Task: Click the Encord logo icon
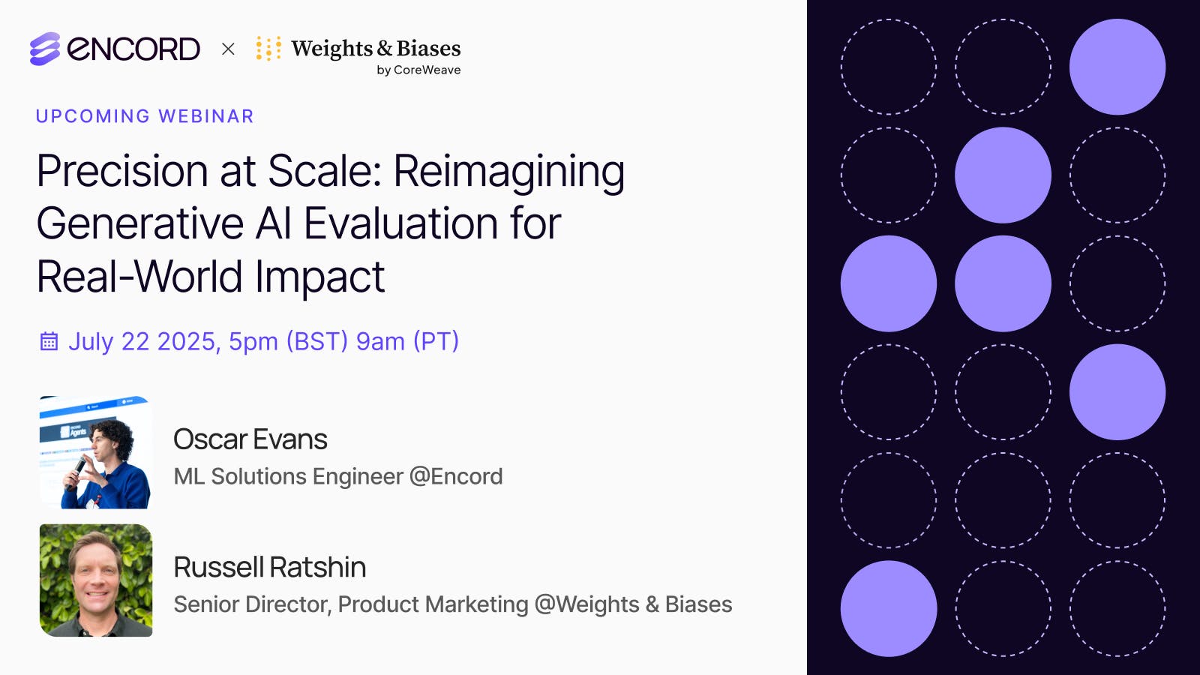(x=45, y=49)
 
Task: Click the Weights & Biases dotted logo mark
(x=268, y=48)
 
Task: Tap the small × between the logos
(x=229, y=49)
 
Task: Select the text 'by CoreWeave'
(x=418, y=70)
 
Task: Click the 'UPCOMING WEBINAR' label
(x=145, y=116)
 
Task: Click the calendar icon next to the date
(x=49, y=342)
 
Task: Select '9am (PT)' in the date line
(x=407, y=341)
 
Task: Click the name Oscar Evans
(x=250, y=439)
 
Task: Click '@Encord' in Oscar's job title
(x=456, y=476)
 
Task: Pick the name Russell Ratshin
(x=269, y=568)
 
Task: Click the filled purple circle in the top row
(x=1117, y=67)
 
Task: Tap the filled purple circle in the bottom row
(x=888, y=608)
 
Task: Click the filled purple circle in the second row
(x=1003, y=175)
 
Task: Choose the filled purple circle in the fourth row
(x=1117, y=391)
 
